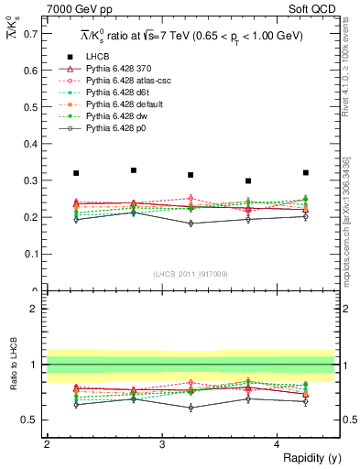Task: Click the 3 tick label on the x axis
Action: pyautogui.click(x=161, y=444)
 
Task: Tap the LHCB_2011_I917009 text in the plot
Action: pyautogui.click(x=191, y=273)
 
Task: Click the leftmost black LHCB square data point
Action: pyautogui.click(x=76, y=173)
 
